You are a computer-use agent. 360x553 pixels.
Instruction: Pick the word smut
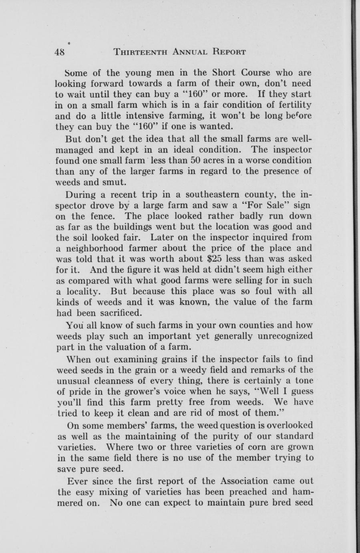(x=115, y=182)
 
